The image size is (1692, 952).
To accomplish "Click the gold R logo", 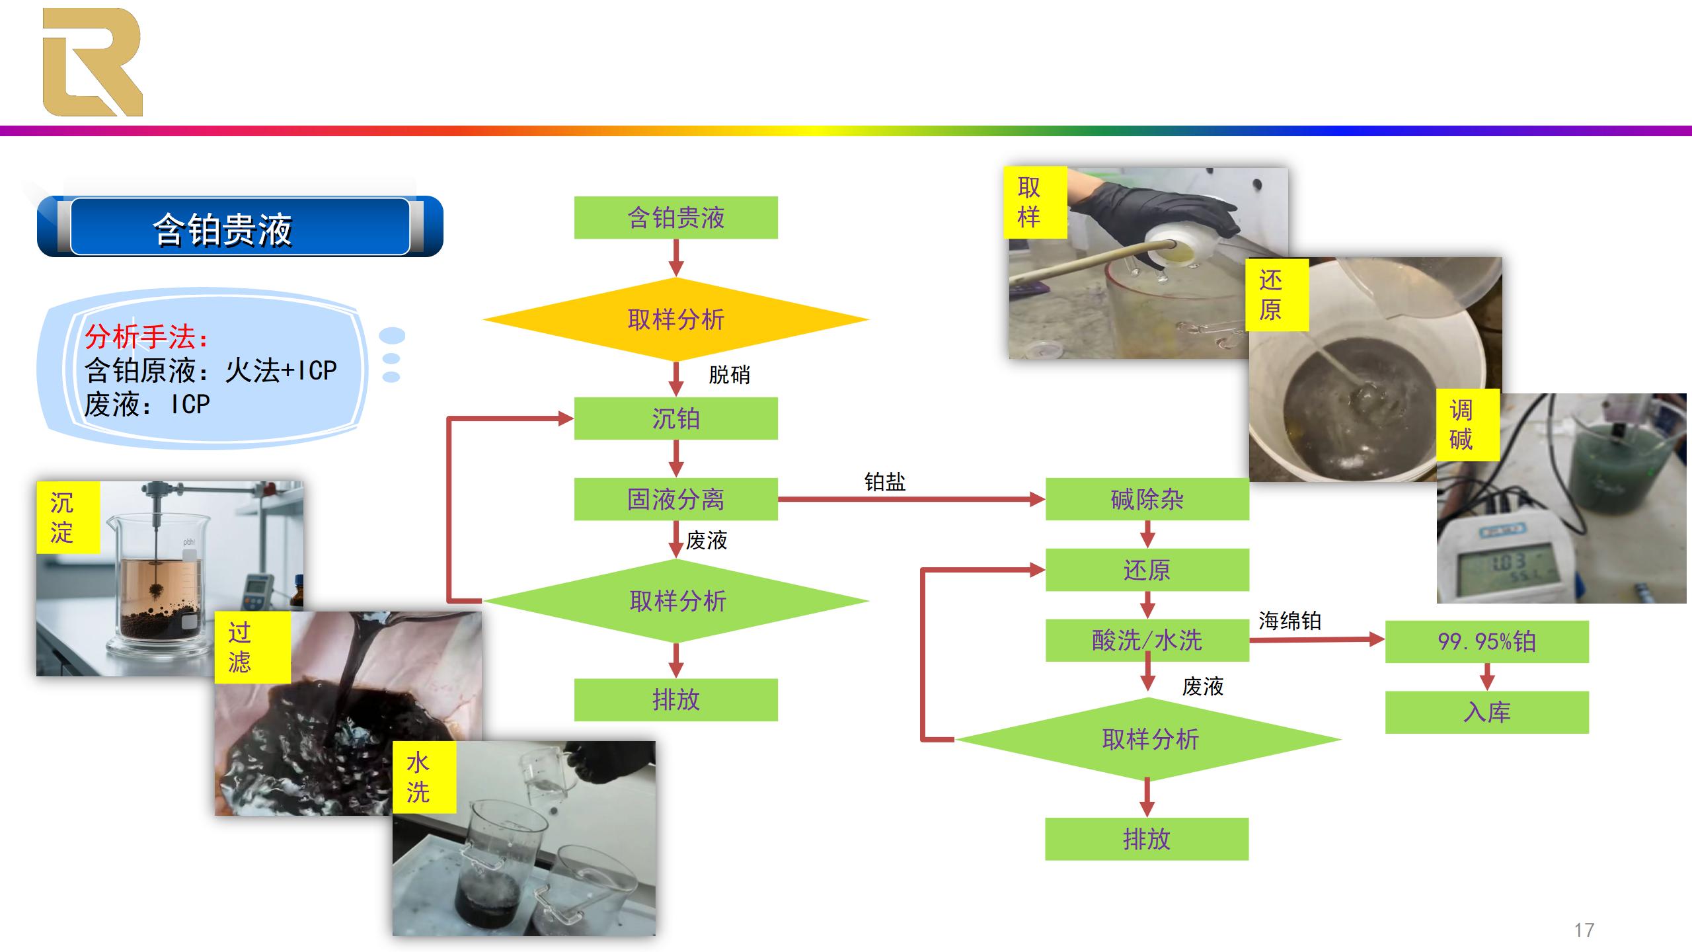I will [92, 62].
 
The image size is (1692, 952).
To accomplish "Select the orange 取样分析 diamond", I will [675, 319].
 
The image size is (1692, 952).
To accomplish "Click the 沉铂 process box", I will [675, 418].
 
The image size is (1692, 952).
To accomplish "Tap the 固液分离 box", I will [675, 499].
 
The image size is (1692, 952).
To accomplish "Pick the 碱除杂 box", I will [1147, 499].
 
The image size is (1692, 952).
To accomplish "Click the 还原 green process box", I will [1147, 570].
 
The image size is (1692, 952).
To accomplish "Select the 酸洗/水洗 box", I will [1147, 640].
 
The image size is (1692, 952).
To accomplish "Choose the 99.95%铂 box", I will [1486, 641].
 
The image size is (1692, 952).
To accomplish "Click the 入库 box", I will [1486, 712].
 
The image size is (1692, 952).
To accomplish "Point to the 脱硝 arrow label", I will [729, 375].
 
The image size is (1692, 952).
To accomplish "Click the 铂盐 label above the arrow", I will [884, 481].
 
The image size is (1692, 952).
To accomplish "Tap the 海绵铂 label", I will [1289, 620].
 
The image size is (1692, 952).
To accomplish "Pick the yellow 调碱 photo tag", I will [1461, 425].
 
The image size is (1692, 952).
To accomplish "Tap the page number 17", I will [1584, 930].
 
